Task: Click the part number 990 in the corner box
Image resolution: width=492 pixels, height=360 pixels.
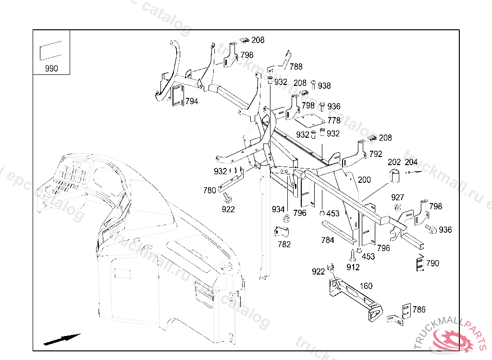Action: tap(51, 68)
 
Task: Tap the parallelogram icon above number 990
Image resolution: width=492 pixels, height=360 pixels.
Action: tap(50, 51)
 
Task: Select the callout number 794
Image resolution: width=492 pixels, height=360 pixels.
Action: tap(192, 101)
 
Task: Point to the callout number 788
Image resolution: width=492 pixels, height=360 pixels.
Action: tap(296, 67)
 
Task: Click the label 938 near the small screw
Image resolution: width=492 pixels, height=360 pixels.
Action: tap(324, 86)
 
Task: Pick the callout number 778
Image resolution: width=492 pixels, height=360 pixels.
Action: tap(334, 120)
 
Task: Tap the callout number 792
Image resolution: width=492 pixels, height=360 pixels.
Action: tap(376, 154)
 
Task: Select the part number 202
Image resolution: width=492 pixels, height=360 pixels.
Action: tap(394, 162)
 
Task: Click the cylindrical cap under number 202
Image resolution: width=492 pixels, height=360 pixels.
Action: tap(394, 176)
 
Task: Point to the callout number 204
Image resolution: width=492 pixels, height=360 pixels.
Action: tap(411, 162)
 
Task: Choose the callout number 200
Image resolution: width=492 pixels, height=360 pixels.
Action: tap(365, 180)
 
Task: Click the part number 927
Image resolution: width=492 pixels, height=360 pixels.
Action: tap(397, 197)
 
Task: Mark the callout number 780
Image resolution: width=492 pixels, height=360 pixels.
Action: tap(209, 190)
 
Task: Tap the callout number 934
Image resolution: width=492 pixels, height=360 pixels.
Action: tap(278, 209)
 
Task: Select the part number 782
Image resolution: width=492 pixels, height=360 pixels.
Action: tap(284, 244)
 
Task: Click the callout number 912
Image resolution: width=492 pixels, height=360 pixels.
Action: tap(353, 267)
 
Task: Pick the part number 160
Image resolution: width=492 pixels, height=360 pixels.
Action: tap(366, 286)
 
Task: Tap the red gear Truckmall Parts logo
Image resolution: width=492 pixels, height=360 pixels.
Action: tap(453, 339)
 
